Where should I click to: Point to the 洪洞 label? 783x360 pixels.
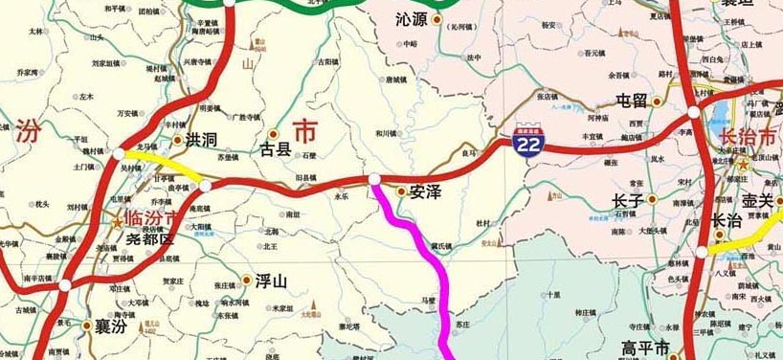[x=202, y=140]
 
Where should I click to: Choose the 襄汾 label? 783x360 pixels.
[x=103, y=326]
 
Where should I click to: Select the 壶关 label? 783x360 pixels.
[x=762, y=201]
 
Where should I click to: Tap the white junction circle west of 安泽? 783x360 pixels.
[x=375, y=179]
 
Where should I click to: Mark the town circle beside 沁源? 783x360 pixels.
[x=437, y=19]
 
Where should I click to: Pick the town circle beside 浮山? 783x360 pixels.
[x=248, y=281]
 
